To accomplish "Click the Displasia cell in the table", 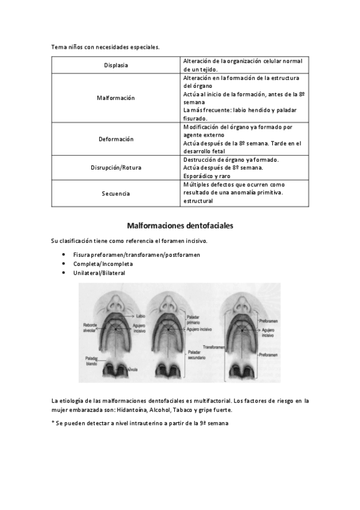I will click(115, 65).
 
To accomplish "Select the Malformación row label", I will click(115, 97).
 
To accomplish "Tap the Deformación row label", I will click(115, 139).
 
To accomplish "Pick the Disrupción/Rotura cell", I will click(115, 168).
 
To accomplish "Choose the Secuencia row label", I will click(115, 193).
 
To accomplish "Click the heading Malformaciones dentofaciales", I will click(180, 226).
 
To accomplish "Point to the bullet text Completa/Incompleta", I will click(103, 264).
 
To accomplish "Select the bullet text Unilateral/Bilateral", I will click(99, 273).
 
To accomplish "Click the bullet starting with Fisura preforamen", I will click(136, 255).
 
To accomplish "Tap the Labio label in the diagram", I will click(141, 315).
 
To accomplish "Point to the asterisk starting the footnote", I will click(53, 423).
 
